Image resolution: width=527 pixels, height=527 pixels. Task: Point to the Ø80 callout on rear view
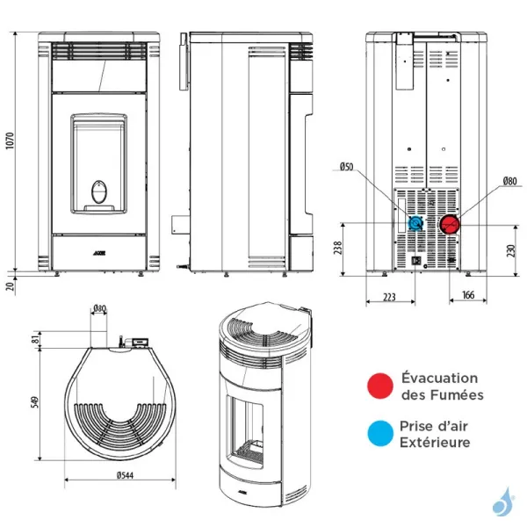[x=510, y=182]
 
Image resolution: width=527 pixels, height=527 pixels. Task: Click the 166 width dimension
[x=467, y=297]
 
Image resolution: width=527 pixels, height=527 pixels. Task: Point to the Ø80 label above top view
[x=99, y=308]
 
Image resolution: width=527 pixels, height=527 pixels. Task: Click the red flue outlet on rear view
[x=450, y=224]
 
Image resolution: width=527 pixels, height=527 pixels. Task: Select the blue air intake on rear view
[x=416, y=224]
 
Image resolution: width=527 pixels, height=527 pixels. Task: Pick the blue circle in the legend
[x=380, y=432]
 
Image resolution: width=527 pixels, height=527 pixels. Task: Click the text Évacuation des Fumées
[x=440, y=386]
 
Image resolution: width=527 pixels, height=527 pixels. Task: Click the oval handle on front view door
[x=102, y=190]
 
